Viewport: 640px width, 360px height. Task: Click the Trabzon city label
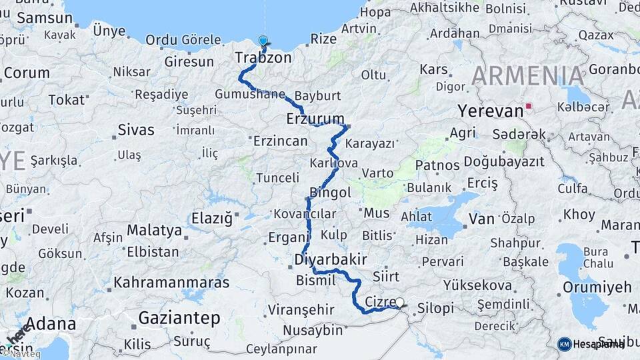pyautogui.click(x=263, y=58)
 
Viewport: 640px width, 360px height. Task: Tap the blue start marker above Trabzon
pyautogui.click(x=263, y=41)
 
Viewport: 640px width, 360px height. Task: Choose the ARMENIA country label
pyautogui.click(x=528, y=76)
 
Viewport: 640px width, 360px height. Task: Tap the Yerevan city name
pyautogui.click(x=490, y=111)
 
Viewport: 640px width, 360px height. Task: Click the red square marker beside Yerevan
pyautogui.click(x=529, y=105)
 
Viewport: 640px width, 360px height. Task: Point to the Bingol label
pyautogui.click(x=331, y=193)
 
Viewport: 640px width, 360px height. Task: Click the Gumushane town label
pyautogui.click(x=250, y=94)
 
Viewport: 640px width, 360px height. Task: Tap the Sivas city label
pyautogui.click(x=135, y=129)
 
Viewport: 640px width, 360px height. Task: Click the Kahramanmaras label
pyautogui.click(x=171, y=282)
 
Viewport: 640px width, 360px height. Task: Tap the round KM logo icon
pyautogui.click(x=564, y=344)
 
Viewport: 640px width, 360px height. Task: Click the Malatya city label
pyautogui.click(x=154, y=230)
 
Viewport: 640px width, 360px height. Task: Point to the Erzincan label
pyautogui.click(x=280, y=141)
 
